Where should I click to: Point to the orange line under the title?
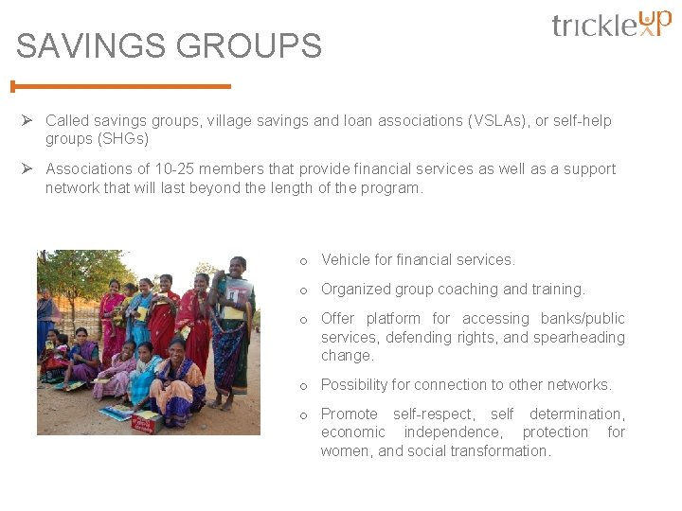121,86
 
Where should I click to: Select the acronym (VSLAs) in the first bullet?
500,120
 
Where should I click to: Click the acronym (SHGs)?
122,138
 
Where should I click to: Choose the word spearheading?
579,337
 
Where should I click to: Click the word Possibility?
356,384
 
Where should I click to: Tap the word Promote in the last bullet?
349,414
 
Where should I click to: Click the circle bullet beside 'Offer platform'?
304,319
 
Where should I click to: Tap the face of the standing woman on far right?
237,267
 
